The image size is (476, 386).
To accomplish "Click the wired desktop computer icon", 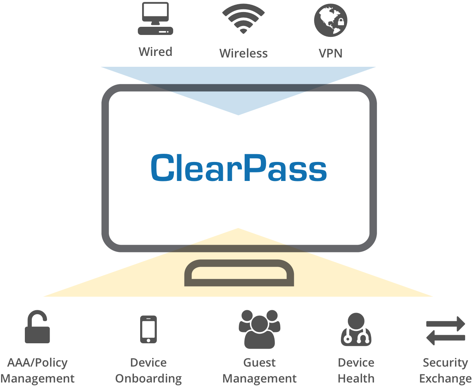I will [155, 19].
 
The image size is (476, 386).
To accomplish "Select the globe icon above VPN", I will [330, 20].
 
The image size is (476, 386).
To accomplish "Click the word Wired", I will [155, 52].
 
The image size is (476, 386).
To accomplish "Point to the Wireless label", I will [243, 53].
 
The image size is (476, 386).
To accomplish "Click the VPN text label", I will [330, 53].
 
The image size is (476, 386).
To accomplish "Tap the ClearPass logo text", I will [238, 168].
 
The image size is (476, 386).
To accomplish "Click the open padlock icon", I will [37, 327].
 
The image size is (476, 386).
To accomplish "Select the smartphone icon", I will [148, 329].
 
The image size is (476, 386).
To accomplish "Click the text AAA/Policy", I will [37, 363].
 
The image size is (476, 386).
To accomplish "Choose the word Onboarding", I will [148, 379].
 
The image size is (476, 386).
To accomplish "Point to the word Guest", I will [259, 363].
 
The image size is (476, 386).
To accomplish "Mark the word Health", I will [356, 379].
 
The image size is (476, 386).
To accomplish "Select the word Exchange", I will [445, 379].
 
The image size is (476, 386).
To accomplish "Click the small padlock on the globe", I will [341, 22].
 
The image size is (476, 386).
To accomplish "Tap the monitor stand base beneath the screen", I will [239, 273].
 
